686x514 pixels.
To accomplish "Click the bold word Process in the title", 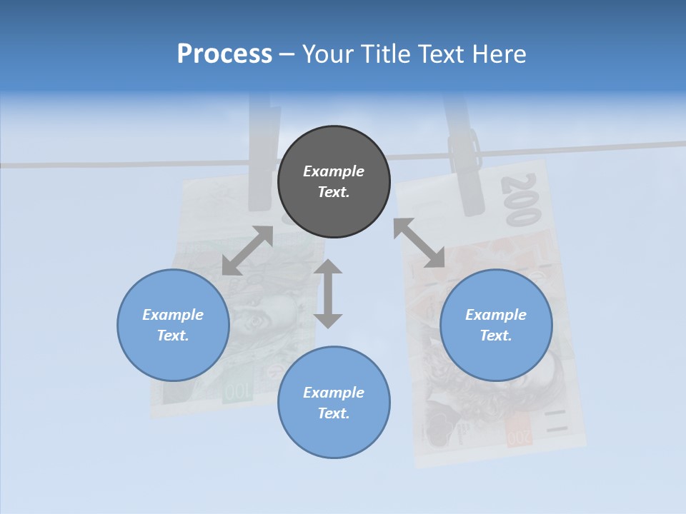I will tap(224, 54).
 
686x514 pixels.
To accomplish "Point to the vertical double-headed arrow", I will tap(328, 293).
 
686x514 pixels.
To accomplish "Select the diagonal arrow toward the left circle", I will tap(248, 250).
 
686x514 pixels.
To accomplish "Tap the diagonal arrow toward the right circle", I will tap(419, 243).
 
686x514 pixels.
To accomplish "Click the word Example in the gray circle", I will tap(334, 171).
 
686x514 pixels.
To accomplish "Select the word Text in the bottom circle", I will tap(334, 413).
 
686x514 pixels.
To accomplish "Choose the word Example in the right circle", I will tap(496, 315).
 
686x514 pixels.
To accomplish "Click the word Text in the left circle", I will tap(173, 336).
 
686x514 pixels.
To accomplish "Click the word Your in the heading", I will tap(325, 54).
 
